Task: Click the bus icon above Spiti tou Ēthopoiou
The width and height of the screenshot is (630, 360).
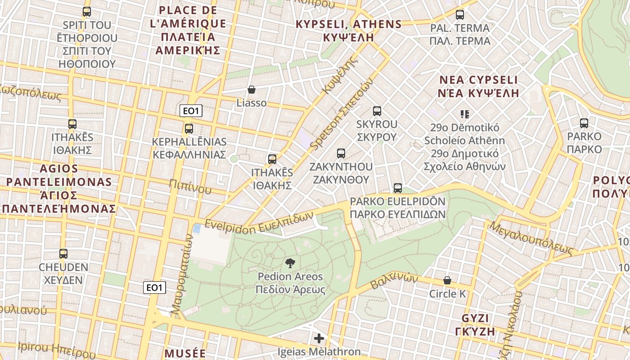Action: coord(87,12)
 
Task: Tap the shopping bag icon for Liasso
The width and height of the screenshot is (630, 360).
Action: coord(252,90)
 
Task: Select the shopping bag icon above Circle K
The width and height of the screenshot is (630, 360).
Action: coord(447,280)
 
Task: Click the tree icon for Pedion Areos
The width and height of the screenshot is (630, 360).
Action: coord(290,263)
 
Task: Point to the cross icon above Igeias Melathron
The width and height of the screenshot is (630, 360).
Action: coord(319,338)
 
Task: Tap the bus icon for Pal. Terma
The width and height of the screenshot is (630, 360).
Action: coord(459,15)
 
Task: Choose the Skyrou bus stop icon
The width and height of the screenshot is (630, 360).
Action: coord(377,111)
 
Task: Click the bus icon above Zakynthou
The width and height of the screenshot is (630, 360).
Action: coord(341,153)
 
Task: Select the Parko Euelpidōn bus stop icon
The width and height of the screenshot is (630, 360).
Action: coord(398,188)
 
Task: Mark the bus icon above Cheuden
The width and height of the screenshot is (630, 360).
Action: coord(63,254)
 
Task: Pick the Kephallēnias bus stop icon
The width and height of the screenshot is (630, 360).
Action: coord(189,129)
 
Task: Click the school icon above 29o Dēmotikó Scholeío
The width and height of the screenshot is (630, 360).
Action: coord(465,114)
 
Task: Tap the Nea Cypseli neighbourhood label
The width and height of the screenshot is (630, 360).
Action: coord(479,86)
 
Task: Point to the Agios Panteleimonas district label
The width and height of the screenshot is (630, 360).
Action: coord(58,189)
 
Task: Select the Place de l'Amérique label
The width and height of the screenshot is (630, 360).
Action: coord(188,30)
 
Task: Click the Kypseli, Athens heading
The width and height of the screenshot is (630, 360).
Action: coord(348,31)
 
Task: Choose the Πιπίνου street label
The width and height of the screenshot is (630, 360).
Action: coord(190,186)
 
